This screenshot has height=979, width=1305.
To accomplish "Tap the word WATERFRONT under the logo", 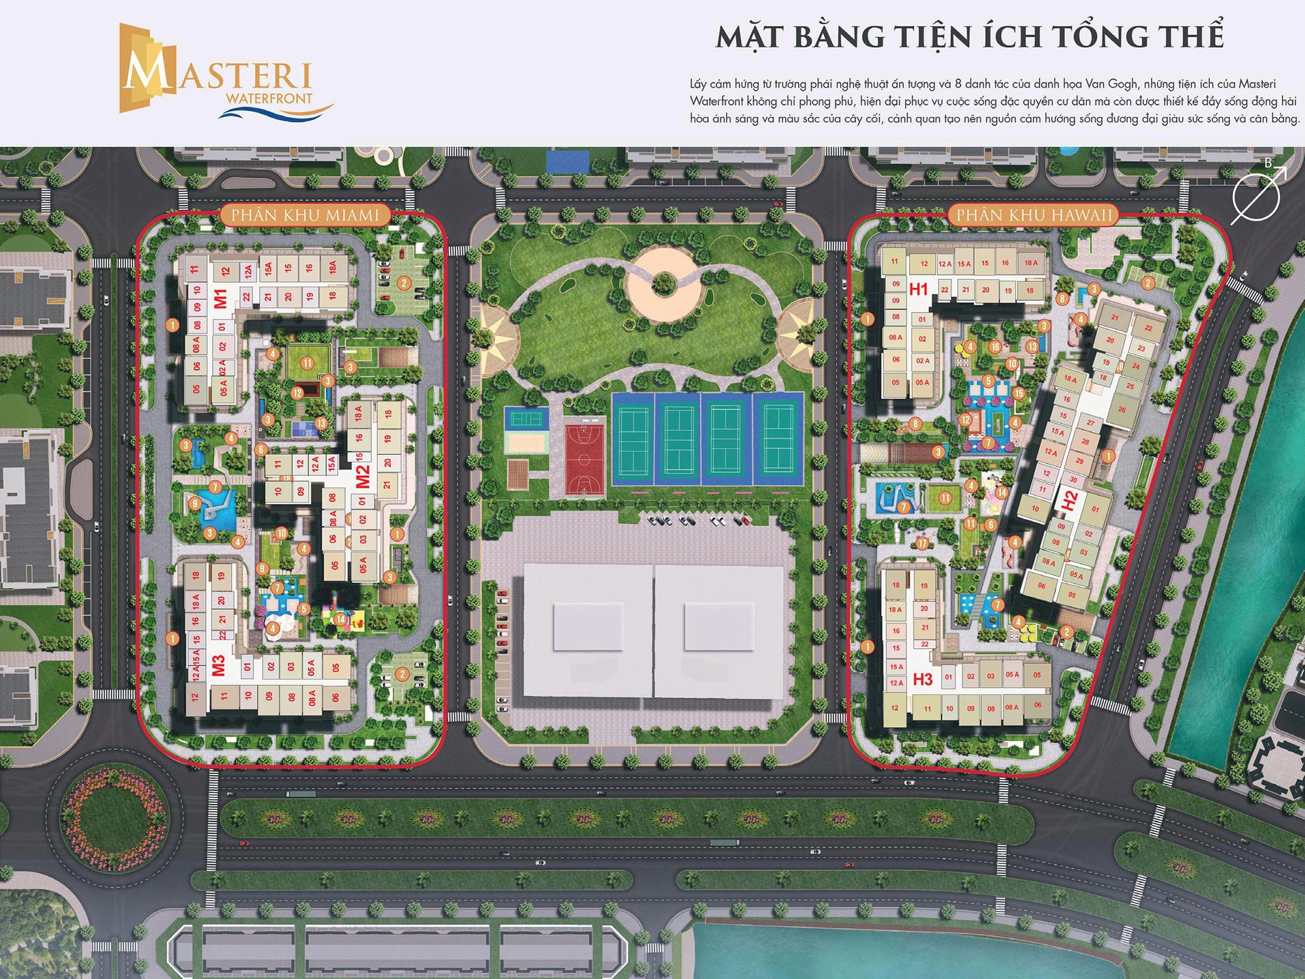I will tap(268, 99).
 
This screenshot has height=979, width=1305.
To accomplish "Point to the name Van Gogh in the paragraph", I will tap(1110, 84).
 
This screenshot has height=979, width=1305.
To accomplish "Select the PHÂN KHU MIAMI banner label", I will tap(305, 215).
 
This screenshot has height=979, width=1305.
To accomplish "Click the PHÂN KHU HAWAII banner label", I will tap(1034, 215).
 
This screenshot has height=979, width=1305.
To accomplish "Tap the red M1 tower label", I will tap(221, 298).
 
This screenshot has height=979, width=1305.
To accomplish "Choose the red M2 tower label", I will tap(363, 476).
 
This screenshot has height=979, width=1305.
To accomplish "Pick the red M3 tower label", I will tap(219, 665).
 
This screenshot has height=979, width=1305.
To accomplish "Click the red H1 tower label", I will tap(919, 288).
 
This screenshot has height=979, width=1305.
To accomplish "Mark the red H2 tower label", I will tap(1069, 501).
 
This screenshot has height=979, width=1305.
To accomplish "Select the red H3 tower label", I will tap(923, 679).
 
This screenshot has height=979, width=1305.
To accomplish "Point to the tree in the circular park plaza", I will tap(664, 283).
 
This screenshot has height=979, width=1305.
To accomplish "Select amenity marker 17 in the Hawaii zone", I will tap(922, 543).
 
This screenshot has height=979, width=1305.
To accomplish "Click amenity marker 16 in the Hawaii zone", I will tap(994, 347).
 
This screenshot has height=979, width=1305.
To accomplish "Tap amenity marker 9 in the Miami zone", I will tap(194, 503).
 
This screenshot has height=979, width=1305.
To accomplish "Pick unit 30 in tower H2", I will tap(1073, 480).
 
